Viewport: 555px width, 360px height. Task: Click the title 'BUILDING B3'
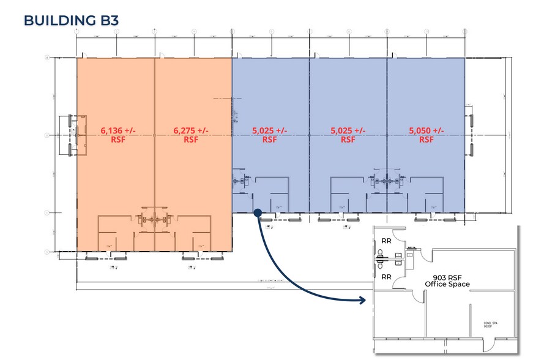coord(71,20)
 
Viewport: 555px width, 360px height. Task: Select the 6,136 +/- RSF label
coord(114,135)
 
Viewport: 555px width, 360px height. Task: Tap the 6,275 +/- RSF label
coord(191,135)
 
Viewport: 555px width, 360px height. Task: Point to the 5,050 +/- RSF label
coord(426,135)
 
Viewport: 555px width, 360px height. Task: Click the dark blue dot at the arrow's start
coord(258,212)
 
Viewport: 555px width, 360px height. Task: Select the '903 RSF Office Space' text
coord(447,280)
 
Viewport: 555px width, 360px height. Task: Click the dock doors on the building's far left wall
coord(70,134)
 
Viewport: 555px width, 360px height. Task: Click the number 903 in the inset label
coord(438,276)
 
